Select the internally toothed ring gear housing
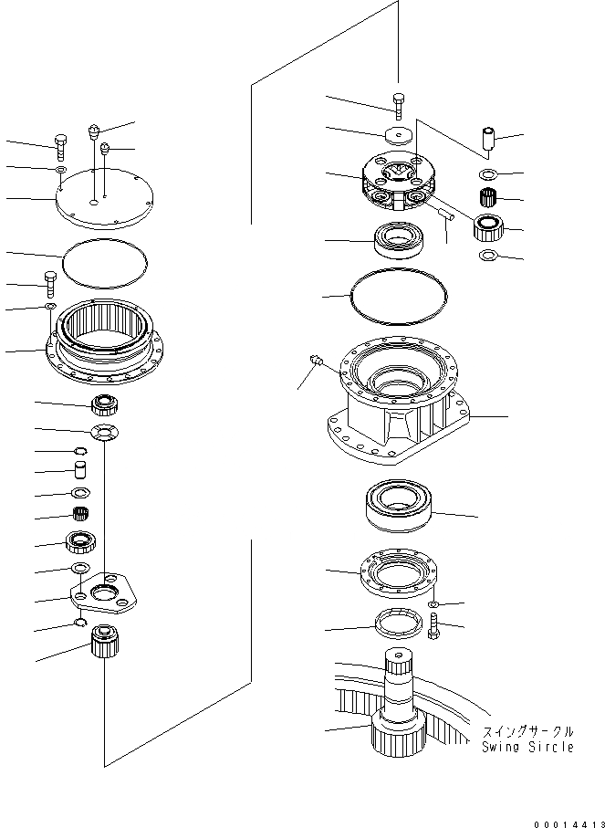click(102, 342)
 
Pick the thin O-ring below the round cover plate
click(103, 261)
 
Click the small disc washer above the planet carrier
click(398, 135)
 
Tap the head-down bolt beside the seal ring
click(433, 627)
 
